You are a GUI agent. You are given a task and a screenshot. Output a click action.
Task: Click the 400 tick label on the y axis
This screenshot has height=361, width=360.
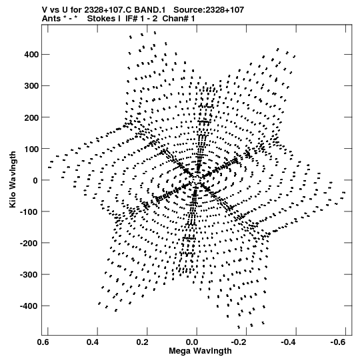click(31, 55)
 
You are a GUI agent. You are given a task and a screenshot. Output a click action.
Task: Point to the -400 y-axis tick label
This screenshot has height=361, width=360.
click(29, 306)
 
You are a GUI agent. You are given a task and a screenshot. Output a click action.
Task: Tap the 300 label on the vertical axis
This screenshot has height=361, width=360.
click(31, 86)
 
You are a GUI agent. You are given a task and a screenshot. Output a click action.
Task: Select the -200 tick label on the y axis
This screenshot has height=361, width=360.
click(29, 243)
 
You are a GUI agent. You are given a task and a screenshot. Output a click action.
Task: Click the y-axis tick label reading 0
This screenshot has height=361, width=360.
click(35, 180)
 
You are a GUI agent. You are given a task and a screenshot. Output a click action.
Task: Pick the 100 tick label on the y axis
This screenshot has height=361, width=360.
click(31, 149)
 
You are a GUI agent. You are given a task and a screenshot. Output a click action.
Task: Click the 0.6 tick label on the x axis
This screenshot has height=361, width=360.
click(43, 342)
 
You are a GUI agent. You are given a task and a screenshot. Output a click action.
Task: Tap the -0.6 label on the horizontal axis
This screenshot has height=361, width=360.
click(338, 342)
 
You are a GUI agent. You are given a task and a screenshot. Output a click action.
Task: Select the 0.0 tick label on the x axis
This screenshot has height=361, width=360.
click(191, 342)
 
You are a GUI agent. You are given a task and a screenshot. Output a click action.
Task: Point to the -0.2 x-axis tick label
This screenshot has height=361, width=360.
click(239, 342)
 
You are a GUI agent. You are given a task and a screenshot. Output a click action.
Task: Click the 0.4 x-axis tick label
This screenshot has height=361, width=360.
click(93, 342)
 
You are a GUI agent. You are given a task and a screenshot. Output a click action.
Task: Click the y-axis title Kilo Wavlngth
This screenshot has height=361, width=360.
click(13, 179)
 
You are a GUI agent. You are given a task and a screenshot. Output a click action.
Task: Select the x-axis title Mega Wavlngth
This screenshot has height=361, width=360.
click(201, 351)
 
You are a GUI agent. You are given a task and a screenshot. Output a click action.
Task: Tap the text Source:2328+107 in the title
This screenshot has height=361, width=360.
click(209, 10)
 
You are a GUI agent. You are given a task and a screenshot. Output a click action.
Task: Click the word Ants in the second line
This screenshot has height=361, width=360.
click(51, 19)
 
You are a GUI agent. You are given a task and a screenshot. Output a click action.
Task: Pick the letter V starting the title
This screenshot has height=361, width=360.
click(45, 10)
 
